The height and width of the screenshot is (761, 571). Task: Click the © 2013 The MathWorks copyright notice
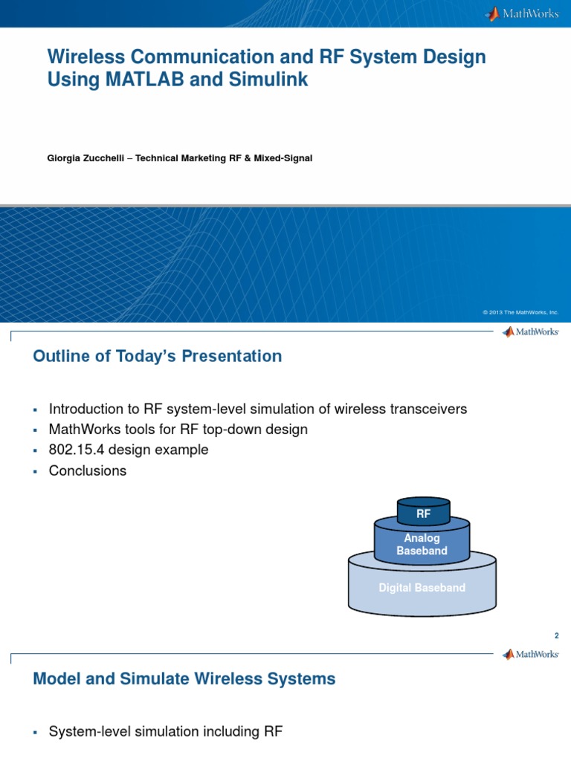click(520, 313)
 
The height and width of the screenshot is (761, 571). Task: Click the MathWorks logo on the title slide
click(522, 13)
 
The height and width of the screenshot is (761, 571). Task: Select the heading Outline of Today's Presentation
click(158, 357)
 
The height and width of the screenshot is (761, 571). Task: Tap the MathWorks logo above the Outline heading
click(530, 332)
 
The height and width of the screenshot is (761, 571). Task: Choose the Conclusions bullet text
click(88, 471)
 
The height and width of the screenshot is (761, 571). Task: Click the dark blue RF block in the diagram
click(423, 513)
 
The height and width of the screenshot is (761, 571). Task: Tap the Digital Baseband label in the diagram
click(422, 588)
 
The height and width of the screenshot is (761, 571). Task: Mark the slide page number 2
click(555, 635)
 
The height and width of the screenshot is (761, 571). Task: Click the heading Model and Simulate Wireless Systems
click(184, 679)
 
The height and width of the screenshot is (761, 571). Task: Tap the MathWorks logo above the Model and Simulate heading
click(530, 654)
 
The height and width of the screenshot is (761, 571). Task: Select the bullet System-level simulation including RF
click(165, 732)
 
